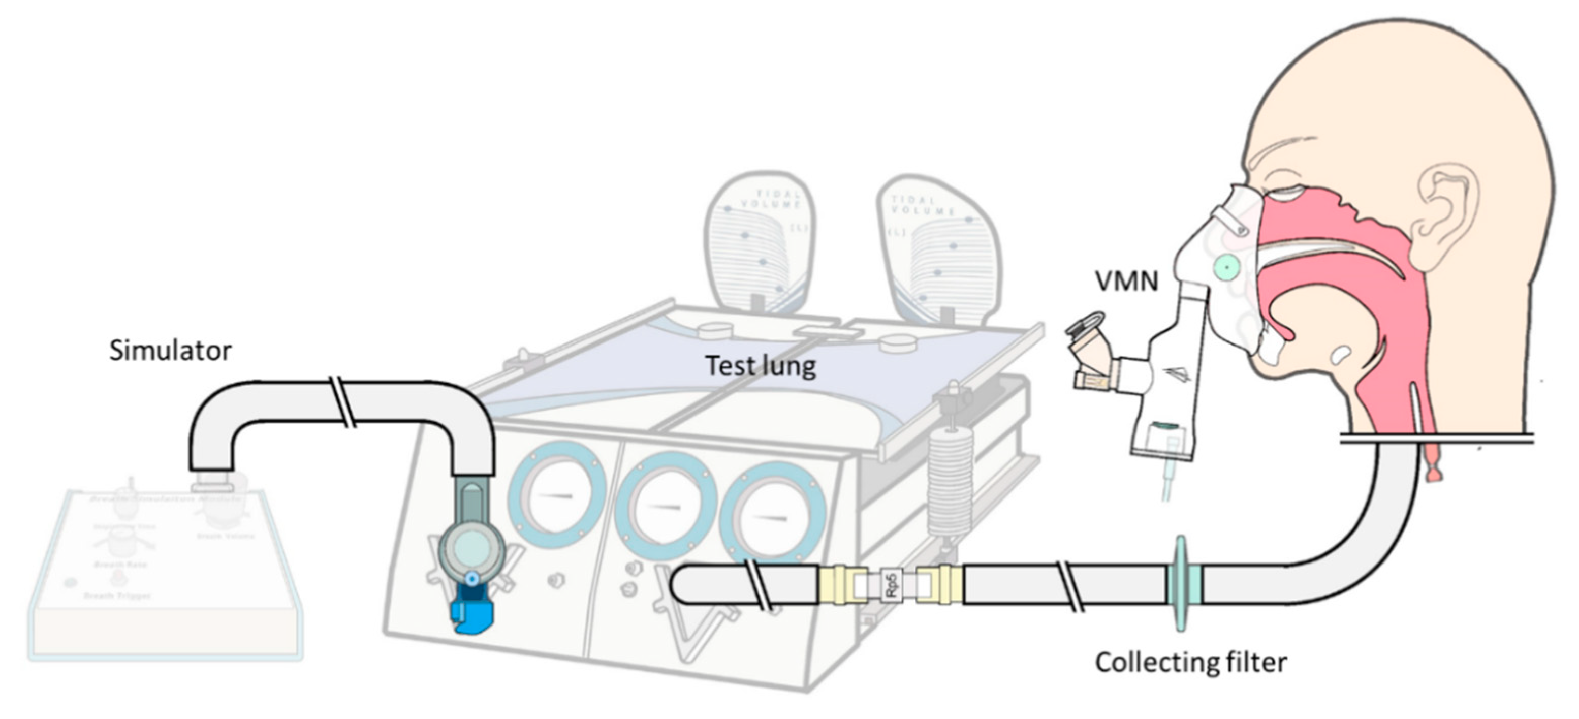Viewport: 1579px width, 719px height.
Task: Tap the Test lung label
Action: point(760,366)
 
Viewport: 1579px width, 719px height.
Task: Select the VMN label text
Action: point(1127,282)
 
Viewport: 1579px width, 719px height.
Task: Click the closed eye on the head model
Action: point(1286,194)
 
